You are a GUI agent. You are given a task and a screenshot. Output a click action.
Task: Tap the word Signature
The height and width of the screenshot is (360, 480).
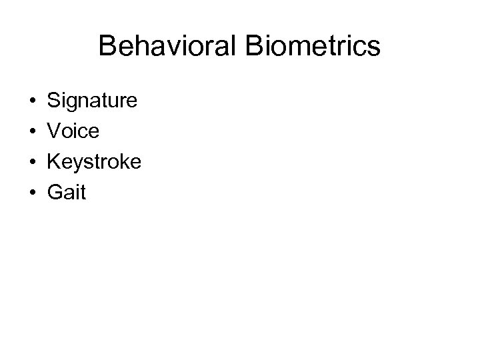tap(92, 101)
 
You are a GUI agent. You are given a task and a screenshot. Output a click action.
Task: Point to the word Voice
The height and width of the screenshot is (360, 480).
tap(73, 132)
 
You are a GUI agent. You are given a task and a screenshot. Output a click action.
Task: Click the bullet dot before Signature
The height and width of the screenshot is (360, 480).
tap(32, 101)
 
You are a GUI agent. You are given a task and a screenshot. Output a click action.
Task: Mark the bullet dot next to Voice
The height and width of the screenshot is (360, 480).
tap(32, 132)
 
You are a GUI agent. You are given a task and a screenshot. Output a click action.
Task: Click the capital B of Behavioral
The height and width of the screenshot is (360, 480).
tap(106, 47)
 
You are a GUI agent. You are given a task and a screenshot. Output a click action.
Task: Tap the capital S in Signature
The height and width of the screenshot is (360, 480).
tap(53, 101)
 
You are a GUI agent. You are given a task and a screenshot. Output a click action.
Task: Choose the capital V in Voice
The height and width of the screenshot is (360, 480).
tap(53, 132)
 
